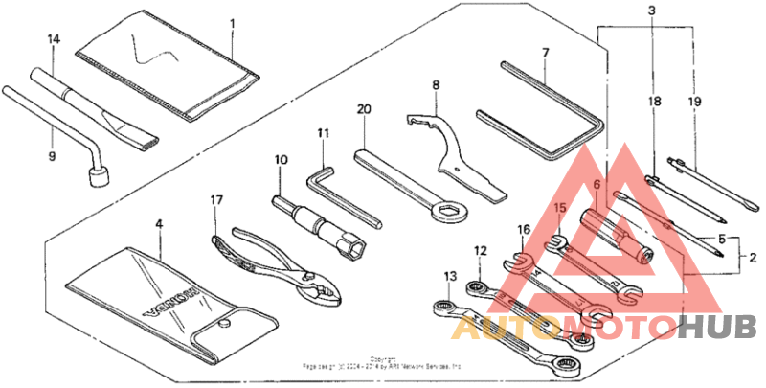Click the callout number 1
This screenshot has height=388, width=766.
point(232,20)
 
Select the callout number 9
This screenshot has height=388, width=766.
point(53,155)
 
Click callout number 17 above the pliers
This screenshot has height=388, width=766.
point(216,200)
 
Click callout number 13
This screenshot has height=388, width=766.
point(450,276)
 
